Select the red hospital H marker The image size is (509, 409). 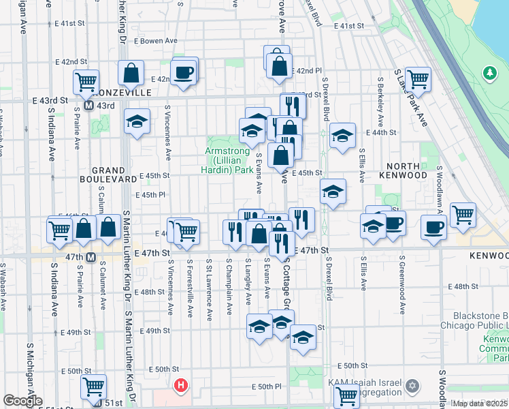coord(180,386)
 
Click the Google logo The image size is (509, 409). coord(22,400)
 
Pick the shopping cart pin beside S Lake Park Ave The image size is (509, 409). coord(417,78)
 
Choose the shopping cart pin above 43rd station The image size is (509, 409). coord(86,82)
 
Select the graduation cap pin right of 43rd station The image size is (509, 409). coord(137,121)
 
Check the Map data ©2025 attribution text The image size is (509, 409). coord(479,404)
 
